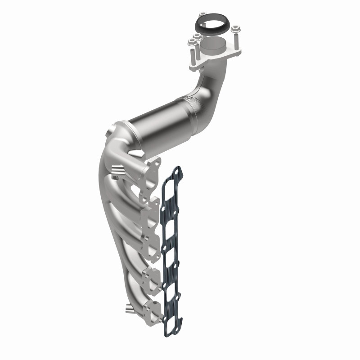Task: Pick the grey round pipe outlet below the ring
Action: (213, 45)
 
